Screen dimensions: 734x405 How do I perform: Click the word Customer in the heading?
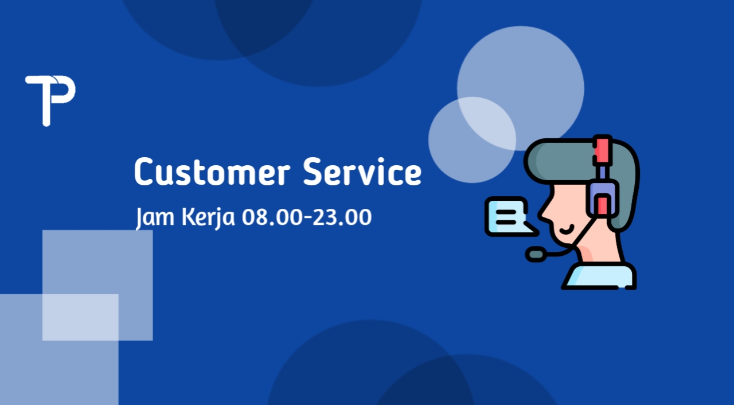pyautogui.click(x=212, y=172)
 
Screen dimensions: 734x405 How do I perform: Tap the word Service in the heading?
pyautogui.click(x=362, y=172)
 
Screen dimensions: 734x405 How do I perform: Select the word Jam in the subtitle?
pyautogui.click(x=155, y=217)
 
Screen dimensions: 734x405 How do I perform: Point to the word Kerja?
pyautogui.click(x=208, y=217)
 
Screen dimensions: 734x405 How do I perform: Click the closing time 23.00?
pyautogui.click(x=342, y=217)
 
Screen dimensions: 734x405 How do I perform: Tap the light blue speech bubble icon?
pyautogui.click(x=511, y=217)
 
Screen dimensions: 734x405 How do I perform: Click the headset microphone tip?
pyautogui.click(x=536, y=254)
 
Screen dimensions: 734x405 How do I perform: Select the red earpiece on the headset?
pyautogui.click(x=602, y=204)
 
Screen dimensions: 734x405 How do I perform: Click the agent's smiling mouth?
pyautogui.click(x=567, y=229)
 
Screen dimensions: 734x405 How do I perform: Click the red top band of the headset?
pyautogui.click(x=602, y=150)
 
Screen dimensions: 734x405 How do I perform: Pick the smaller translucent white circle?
pyautogui.click(x=472, y=140)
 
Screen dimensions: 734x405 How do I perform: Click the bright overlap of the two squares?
pyautogui.click(x=80, y=317)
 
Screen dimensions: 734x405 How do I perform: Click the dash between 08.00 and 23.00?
pyautogui.click(x=307, y=217)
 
